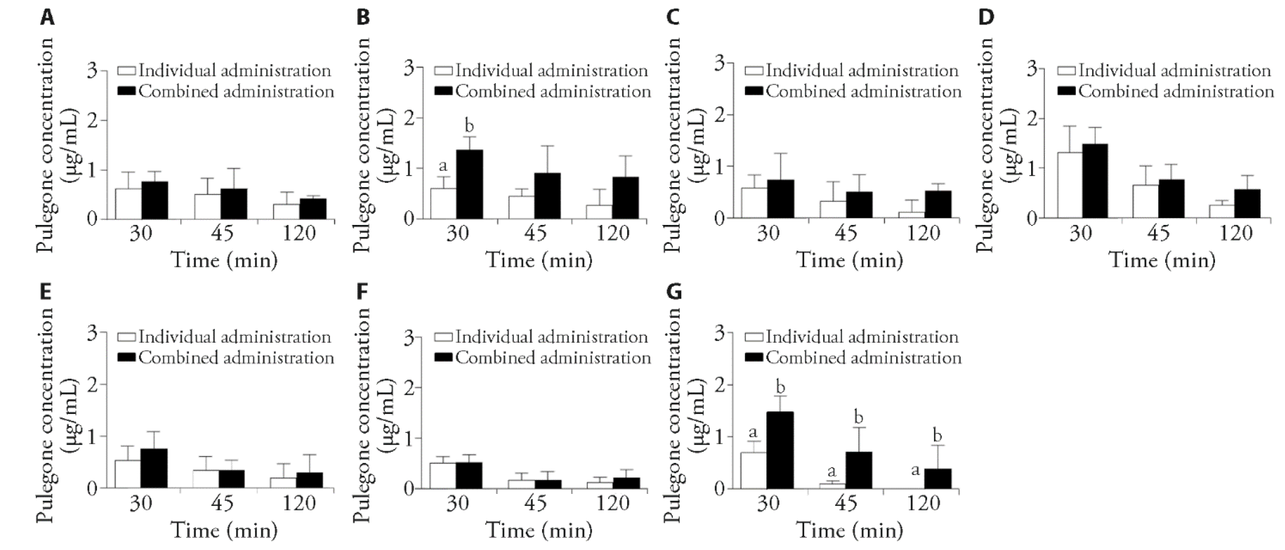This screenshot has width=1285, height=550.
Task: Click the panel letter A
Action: click(x=47, y=17)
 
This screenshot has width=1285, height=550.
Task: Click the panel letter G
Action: click(x=674, y=293)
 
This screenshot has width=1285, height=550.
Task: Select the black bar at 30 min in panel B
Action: click(x=470, y=184)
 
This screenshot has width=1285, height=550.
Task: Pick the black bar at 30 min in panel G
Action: click(x=780, y=450)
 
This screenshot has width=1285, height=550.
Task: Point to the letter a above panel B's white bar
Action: click(x=442, y=166)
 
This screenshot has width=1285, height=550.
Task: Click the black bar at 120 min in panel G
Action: click(x=938, y=478)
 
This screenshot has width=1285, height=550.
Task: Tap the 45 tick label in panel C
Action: click(x=846, y=234)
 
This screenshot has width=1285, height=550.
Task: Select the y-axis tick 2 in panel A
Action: click(x=93, y=120)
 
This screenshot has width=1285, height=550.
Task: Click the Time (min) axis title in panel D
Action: click(x=1161, y=260)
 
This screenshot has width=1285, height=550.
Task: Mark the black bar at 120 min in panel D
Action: click(x=1248, y=203)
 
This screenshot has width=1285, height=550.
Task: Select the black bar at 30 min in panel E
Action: click(x=154, y=468)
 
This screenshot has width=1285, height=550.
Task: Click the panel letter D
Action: click(x=986, y=17)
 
